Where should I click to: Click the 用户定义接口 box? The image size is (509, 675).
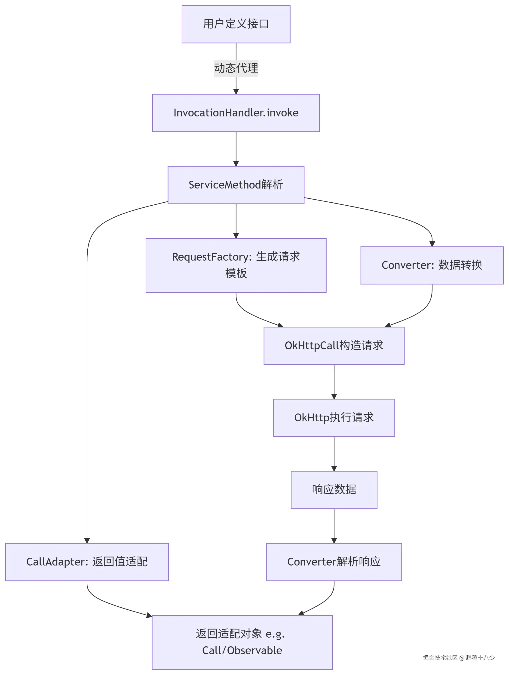236,24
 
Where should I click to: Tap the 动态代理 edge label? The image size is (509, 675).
236,68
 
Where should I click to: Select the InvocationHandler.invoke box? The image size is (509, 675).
236,113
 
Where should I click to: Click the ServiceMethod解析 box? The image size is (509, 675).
236,185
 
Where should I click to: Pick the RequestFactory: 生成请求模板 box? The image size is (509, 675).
236,265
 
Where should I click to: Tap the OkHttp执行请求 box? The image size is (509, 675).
334,417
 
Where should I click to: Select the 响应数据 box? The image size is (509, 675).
334,490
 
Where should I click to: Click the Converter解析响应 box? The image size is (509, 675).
334,562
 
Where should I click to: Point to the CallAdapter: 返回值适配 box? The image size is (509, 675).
87,562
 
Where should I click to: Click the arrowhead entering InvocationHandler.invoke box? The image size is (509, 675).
236,91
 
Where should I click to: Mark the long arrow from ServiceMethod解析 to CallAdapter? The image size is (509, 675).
87,366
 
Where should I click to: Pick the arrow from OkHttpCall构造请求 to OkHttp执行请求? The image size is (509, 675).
334,381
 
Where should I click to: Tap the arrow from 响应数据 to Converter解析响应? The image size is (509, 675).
334,526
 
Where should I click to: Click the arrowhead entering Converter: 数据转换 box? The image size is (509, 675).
432,243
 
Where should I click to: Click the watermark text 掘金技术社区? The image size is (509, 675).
440,657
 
